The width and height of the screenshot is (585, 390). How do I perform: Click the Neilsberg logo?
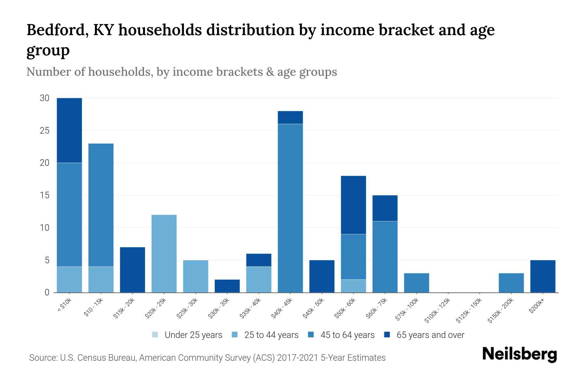coord(519,355)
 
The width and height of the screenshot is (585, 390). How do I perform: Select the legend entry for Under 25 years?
coord(187,335)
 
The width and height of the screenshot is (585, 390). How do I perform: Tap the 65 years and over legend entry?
coord(424,335)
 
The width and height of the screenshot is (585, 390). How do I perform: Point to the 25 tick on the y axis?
coord(45,131)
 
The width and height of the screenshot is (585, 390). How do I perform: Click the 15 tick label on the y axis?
coord(45,195)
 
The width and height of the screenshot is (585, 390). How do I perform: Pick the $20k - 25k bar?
coord(164,253)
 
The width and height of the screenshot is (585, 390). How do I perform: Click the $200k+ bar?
coord(543,276)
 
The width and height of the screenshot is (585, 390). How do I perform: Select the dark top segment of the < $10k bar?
coord(69,130)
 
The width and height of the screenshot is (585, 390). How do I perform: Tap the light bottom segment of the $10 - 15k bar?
coord(101,279)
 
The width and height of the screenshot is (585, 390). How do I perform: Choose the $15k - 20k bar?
coord(132,270)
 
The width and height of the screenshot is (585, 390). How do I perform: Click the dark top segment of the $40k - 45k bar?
coord(290,117)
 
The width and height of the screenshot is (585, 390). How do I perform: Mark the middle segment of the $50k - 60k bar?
coord(353,257)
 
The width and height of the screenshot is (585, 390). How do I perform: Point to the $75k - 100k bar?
coord(416,283)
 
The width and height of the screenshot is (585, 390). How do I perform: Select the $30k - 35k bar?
coord(227,286)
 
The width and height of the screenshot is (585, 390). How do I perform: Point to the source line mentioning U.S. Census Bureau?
coord(207,358)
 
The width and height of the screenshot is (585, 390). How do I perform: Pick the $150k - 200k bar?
coord(511,283)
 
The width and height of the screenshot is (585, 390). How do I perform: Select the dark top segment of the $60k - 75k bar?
coord(385,208)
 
